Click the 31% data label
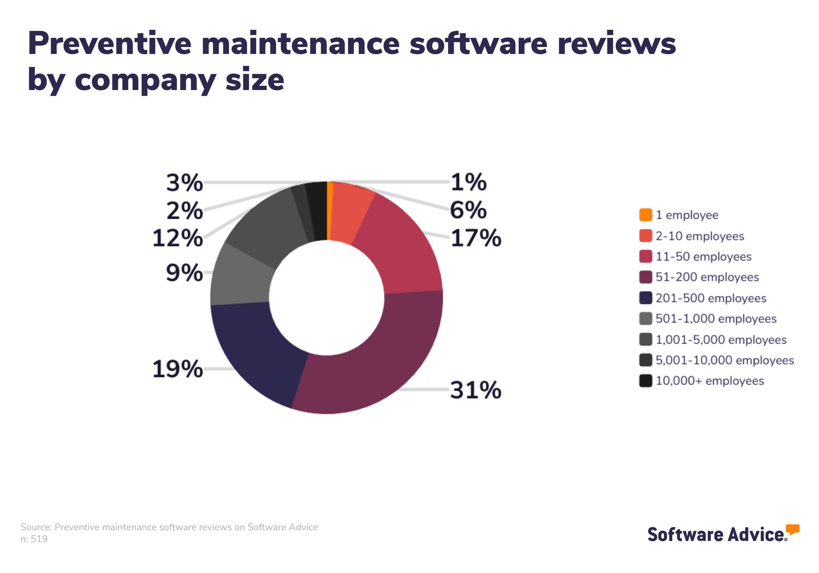pos(476,390)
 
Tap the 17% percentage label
pos(476,238)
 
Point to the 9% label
pos(184,273)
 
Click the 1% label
pos(468,182)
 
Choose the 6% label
pos(468,210)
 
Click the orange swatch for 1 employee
pos(645,215)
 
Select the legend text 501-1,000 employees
pos(716,319)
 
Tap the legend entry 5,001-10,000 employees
pos(724,360)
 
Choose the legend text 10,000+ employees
pos(709,381)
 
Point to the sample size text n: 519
pos(34,539)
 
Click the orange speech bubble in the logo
pos(793,529)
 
